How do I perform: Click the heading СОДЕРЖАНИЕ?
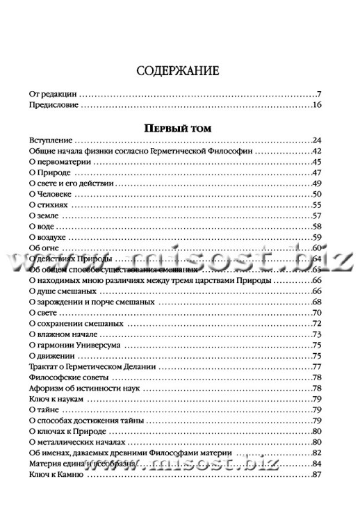point(179,70)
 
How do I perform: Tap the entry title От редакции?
point(54,93)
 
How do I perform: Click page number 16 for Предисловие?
point(317,106)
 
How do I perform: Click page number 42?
point(317,150)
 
